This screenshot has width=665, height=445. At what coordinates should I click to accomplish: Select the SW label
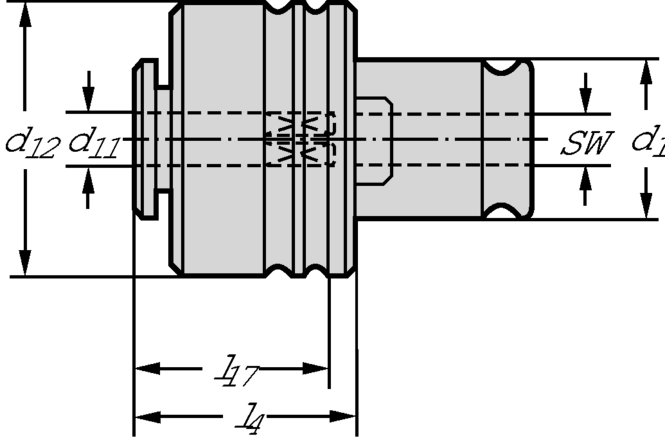click(x=587, y=143)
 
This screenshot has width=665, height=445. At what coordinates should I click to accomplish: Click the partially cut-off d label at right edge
click(x=649, y=142)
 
